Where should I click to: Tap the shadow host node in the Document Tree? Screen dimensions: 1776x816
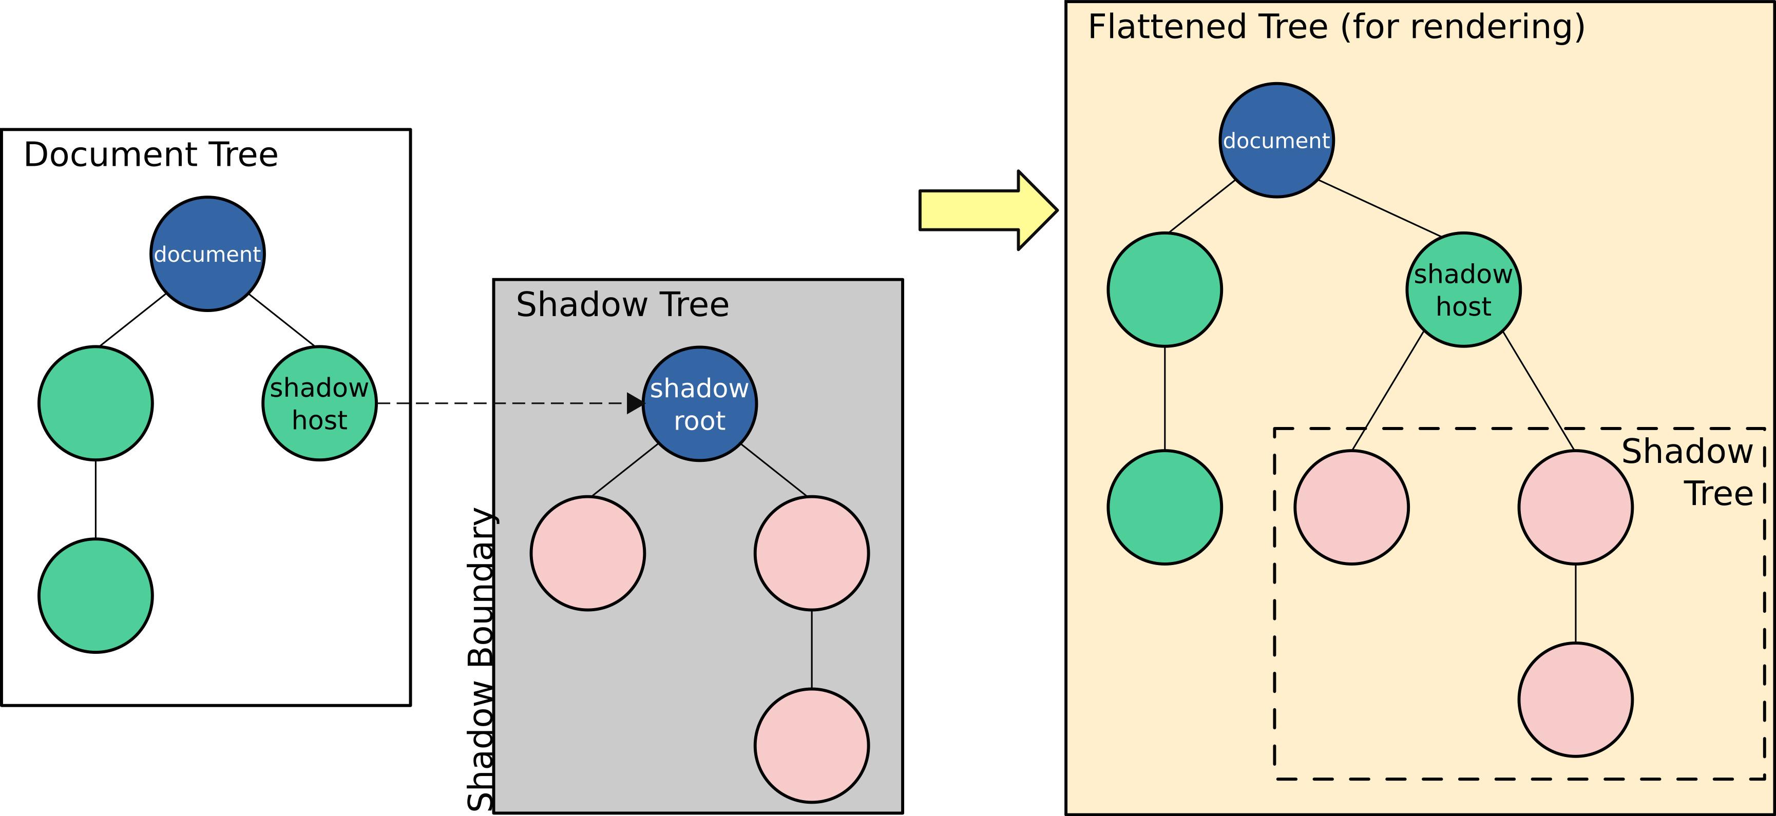(x=319, y=403)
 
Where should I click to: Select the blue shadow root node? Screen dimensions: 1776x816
(x=700, y=404)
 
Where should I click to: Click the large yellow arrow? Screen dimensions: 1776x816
(x=988, y=210)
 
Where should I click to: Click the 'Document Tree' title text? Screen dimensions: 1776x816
(x=151, y=154)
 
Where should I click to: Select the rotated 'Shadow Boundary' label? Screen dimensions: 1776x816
(x=481, y=659)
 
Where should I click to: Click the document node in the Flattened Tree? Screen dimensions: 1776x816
(x=1276, y=141)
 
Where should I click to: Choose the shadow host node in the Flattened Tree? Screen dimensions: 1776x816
(x=1464, y=289)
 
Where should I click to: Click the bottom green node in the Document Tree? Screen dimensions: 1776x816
(x=96, y=595)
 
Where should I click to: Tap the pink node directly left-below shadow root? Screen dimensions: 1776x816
(x=588, y=553)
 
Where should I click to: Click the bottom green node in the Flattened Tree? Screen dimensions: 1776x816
(x=1165, y=507)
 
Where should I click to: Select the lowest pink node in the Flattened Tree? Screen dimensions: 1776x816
(x=1575, y=700)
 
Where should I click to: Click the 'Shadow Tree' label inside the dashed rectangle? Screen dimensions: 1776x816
(x=1687, y=473)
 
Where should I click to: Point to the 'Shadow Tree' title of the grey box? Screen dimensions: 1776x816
(x=623, y=305)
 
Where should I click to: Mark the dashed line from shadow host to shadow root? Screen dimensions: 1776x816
(x=502, y=403)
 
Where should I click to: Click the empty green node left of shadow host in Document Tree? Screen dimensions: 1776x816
(x=96, y=403)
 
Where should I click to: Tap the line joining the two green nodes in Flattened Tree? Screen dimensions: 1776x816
(x=1165, y=398)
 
